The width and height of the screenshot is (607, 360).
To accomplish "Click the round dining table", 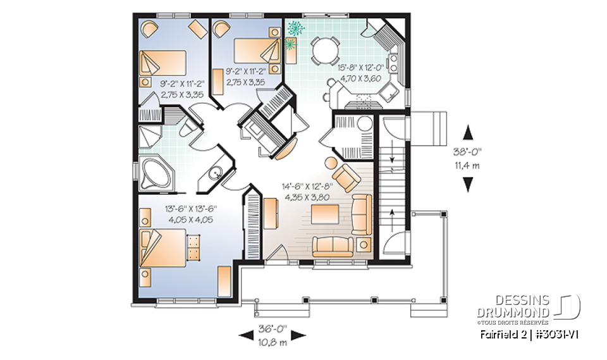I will (324, 50).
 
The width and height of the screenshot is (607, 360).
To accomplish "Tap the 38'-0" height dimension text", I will (468, 152).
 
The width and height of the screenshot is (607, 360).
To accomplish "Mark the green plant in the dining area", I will (295, 28).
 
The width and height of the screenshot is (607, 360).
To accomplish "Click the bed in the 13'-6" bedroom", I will (166, 245).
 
